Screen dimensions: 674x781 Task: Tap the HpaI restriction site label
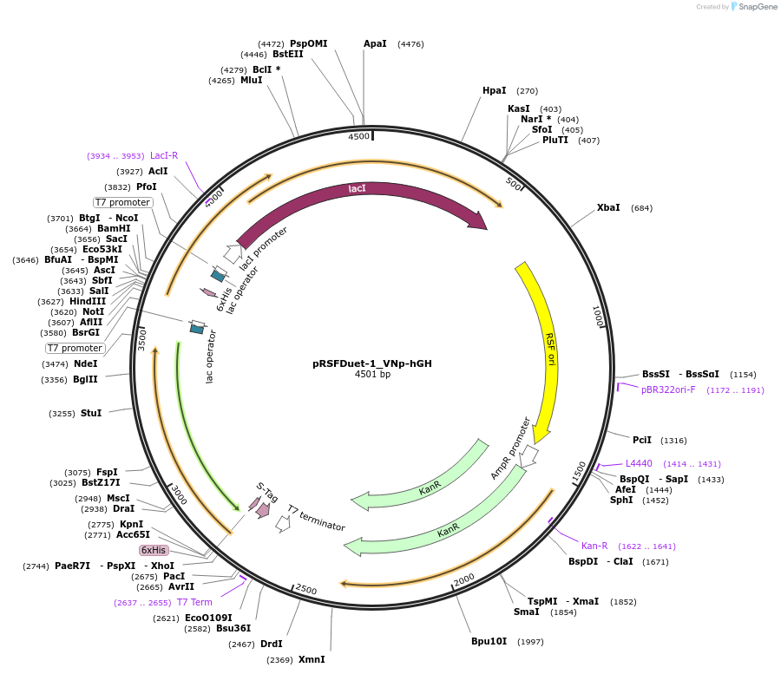point(495,90)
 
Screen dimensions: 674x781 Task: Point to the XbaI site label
point(608,208)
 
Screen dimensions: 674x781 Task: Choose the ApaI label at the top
point(375,43)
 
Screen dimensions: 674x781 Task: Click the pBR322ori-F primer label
point(668,389)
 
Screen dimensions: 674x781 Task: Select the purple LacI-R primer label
point(164,156)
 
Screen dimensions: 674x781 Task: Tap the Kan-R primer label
point(594,546)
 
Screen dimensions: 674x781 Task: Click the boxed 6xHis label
point(154,550)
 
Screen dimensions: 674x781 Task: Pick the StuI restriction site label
point(91,413)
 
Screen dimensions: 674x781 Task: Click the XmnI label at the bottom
point(312,659)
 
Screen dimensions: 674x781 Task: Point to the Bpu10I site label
point(489,641)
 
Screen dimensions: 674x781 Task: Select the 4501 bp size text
point(372,375)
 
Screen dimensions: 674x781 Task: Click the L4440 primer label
point(639,463)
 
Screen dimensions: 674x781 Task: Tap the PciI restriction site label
point(641,440)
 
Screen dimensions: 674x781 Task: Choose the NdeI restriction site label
point(86,363)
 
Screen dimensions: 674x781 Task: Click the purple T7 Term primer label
point(194,602)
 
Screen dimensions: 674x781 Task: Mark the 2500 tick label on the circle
point(306,589)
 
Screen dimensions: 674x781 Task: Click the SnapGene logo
point(754,7)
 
